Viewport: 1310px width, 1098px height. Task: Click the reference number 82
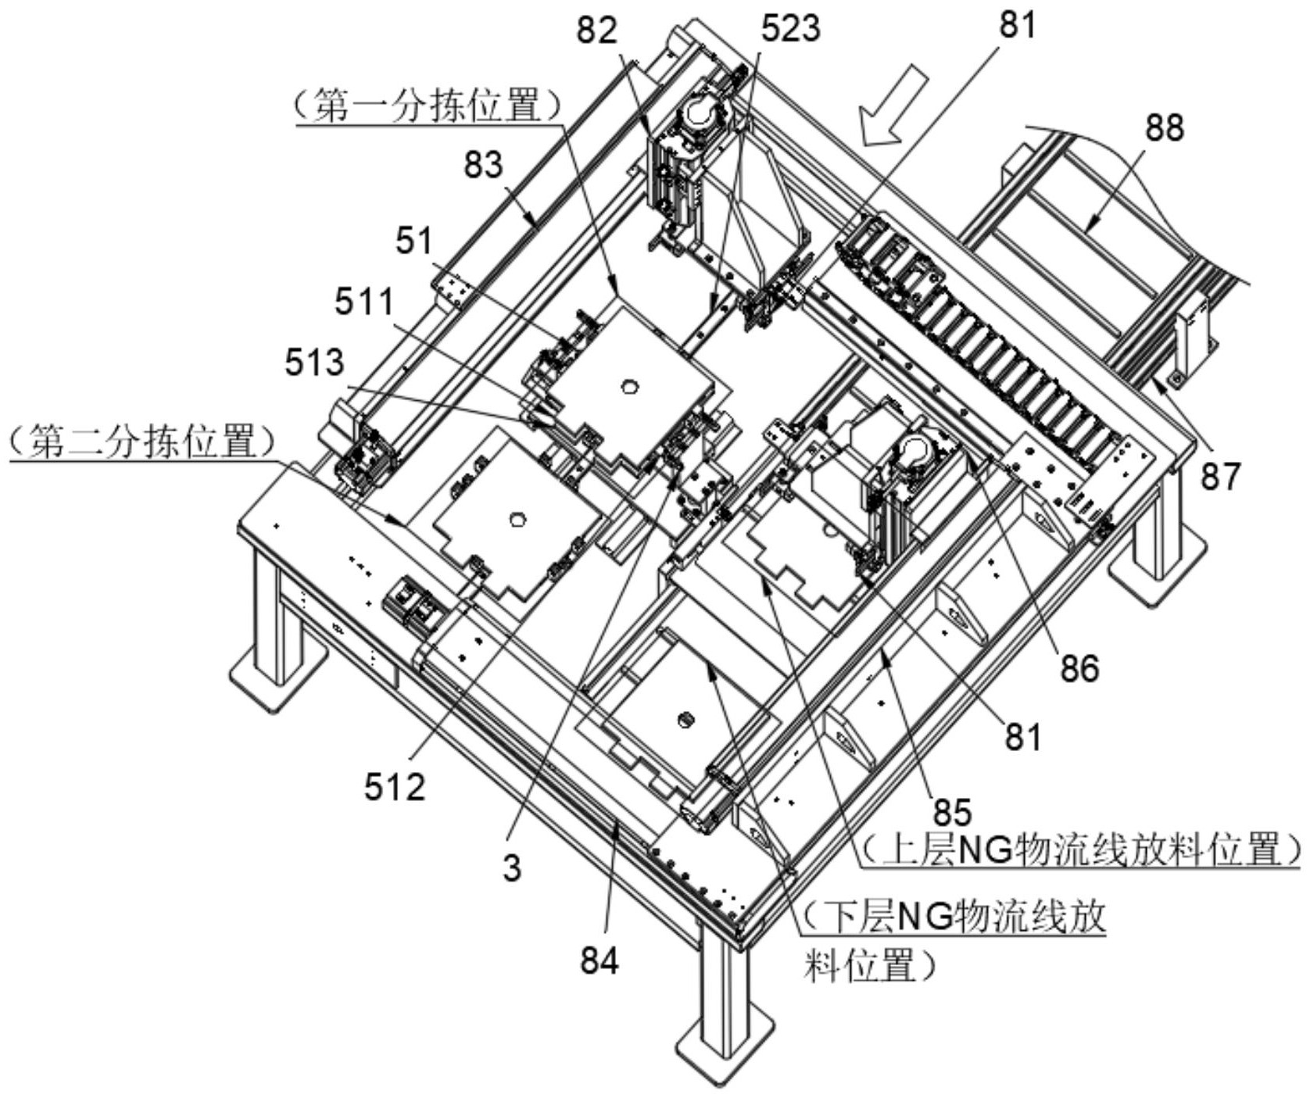tap(598, 30)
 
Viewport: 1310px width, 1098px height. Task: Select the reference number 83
tap(482, 165)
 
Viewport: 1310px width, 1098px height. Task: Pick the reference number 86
tap(1079, 668)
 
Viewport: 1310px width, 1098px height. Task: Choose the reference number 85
tap(951, 813)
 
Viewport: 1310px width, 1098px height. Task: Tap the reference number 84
tap(600, 960)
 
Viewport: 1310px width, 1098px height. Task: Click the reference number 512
tap(395, 788)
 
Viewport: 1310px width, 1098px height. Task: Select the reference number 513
tap(314, 362)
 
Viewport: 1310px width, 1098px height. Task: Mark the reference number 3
tap(512, 868)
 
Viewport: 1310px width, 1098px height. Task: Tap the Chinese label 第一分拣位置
tap(429, 106)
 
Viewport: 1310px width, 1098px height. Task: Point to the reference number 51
tap(413, 241)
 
